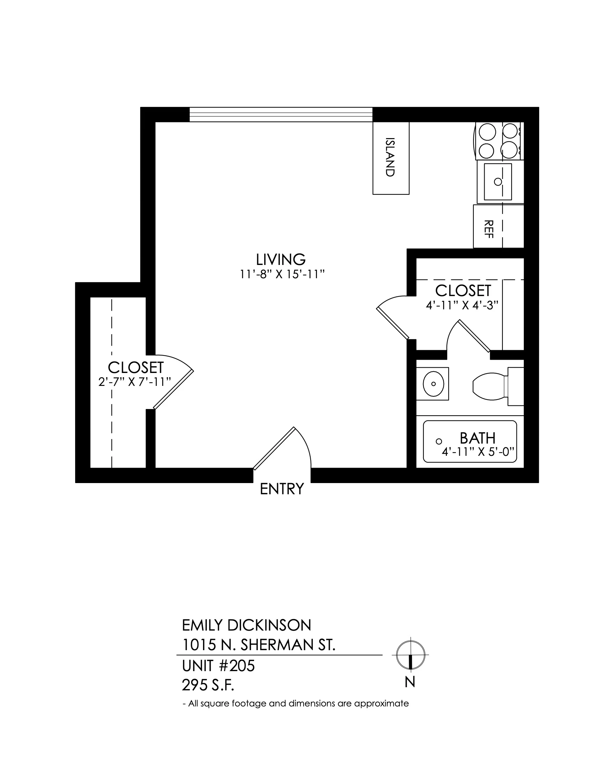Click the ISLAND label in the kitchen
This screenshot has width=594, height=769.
click(x=390, y=157)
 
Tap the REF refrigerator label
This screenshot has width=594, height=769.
click(x=489, y=229)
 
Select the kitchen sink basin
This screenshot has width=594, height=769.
click(x=498, y=182)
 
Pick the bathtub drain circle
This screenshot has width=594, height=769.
click(x=439, y=441)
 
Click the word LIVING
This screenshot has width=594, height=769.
click(x=281, y=259)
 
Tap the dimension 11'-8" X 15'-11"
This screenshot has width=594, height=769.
click(x=282, y=274)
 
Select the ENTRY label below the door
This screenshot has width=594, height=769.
click(x=282, y=489)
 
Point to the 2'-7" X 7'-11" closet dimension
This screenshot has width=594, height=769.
click(x=135, y=382)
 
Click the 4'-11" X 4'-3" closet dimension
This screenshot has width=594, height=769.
click(x=462, y=305)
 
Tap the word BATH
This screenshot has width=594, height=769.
click(x=478, y=438)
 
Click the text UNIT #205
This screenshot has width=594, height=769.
click(x=218, y=666)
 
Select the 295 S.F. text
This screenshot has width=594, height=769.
click(x=208, y=685)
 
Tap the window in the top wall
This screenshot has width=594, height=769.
click(x=281, y=114)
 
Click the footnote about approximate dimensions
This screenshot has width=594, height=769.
click(x=296, y=704)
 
